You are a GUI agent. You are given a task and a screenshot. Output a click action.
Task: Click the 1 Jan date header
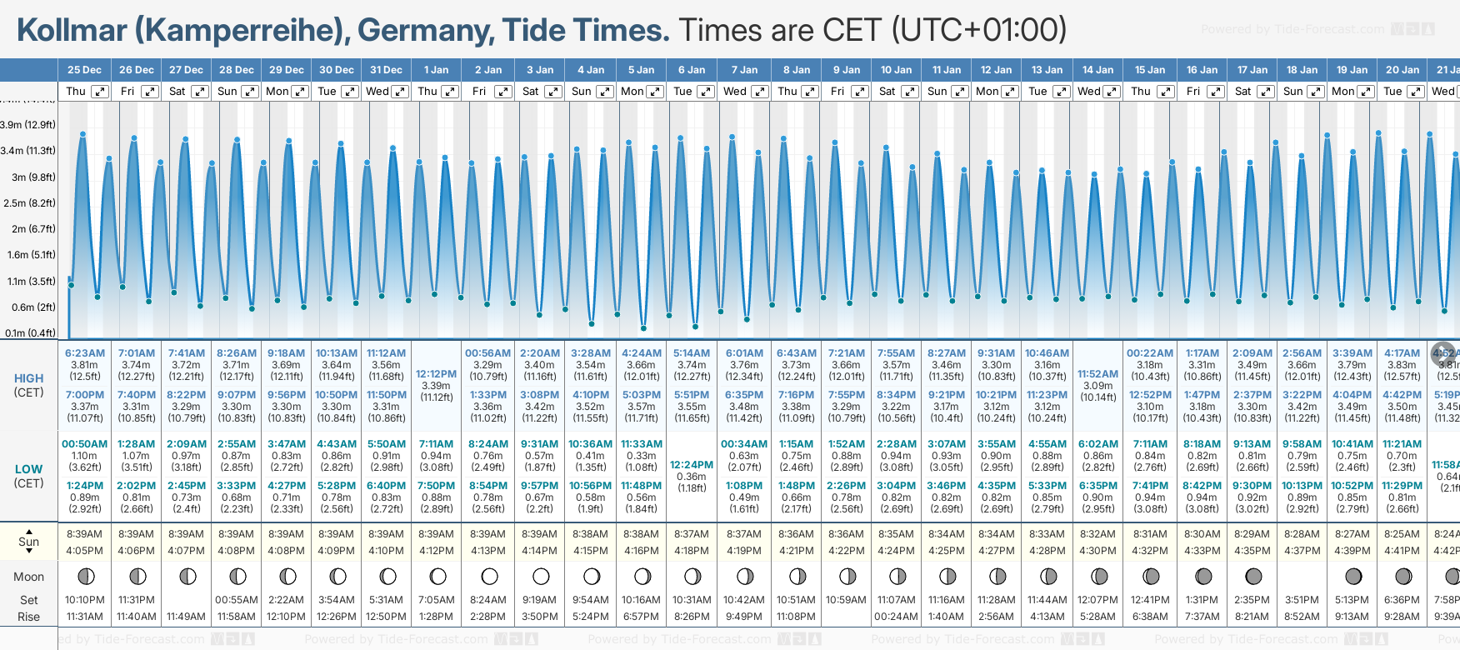click(436, 70)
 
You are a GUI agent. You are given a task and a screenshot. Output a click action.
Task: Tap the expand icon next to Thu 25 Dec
click(100, 92)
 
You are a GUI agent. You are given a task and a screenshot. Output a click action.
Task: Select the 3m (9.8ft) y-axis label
click(29, 177)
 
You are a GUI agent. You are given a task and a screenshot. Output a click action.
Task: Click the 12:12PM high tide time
click(436, 374)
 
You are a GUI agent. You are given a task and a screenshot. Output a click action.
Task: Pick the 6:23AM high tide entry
click(85, 353)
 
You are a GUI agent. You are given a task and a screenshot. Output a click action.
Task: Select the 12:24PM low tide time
click(692, 465)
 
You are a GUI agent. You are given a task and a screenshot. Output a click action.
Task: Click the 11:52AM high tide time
click(1097, 374)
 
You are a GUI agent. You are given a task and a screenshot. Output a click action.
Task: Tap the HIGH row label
click(28, 378)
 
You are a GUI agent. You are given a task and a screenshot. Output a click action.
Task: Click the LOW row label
click(28, 469)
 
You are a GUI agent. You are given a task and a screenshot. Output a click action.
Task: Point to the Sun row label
click(28, 542)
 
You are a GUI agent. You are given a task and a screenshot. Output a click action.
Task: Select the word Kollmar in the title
click(72, 31)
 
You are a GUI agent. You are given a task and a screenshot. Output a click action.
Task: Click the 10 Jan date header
click(897, 70)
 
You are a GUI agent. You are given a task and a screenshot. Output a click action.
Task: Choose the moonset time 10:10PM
click(85, 600)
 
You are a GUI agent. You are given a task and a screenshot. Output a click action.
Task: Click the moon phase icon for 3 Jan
click(541, 576)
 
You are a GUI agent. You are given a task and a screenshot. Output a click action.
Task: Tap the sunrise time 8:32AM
click(1097, 534)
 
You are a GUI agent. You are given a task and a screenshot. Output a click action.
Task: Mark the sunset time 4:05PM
click(85, 551)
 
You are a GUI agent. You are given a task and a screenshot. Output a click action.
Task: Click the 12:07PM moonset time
click(1097, 600)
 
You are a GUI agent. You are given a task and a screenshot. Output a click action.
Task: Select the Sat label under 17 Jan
click(1242, 92)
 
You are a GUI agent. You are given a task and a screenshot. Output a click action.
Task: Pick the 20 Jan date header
click(1403, 70)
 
